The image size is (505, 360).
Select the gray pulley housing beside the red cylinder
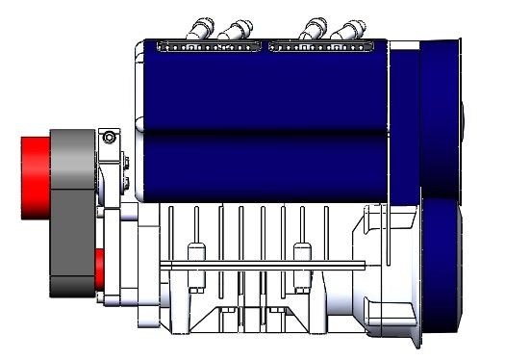pyautogui.click(x=72, y=212)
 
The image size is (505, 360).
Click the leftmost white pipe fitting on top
pyautogui.click(x=204, y=27)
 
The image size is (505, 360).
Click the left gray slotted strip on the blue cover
pyautogui.click(x=207, y=45)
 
